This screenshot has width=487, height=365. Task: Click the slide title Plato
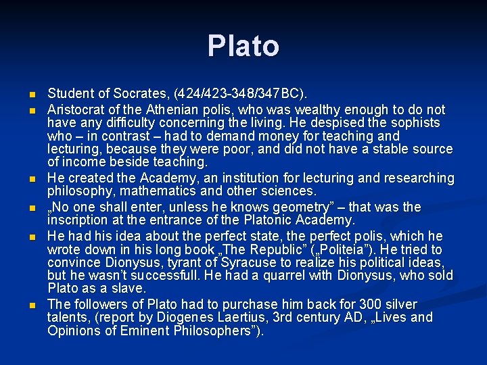click(x=243, y=46)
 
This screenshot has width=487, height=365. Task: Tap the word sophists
click(x=413, y=123)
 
